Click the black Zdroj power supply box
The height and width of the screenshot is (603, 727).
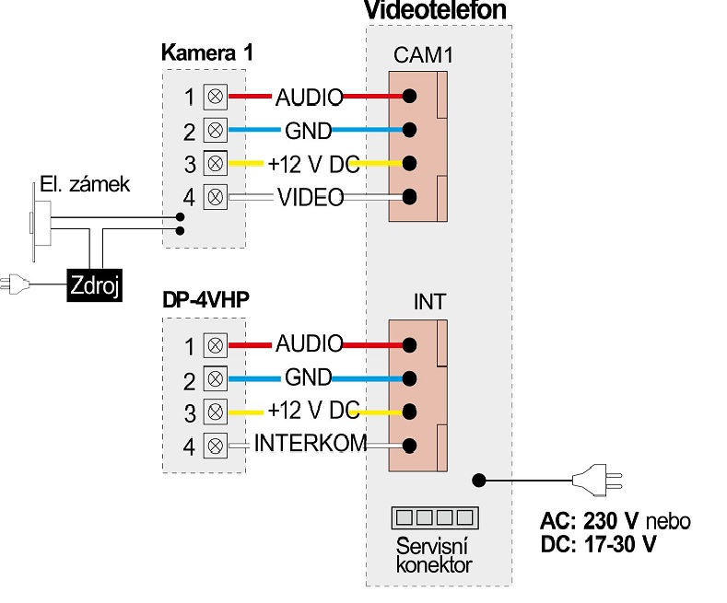coord(95,284)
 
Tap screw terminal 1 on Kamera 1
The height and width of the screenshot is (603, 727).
coord(215,97)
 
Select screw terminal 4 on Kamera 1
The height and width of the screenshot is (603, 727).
coord(215,197)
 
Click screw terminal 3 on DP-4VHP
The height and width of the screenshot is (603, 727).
coord(215,412)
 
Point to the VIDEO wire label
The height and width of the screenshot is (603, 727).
coord(311,197)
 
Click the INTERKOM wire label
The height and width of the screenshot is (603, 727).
coord(311,443)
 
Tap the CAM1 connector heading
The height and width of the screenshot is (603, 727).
coord(423,55)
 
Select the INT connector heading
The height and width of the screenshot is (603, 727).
coord(429,302)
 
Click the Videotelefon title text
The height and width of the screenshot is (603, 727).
coord(435,10)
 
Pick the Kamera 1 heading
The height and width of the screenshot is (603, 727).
coord(207,52)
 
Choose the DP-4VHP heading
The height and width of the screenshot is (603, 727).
coord(205,299)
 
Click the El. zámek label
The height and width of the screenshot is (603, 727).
coord(85,184)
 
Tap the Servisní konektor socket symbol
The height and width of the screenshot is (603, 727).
coord(435,517)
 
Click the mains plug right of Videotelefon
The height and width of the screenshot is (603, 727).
coord(597,481)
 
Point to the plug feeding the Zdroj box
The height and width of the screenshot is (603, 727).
coord(15,284)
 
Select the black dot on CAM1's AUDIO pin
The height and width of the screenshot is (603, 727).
coord(409,97)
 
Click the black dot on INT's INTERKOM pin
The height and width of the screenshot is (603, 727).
coord(409,446)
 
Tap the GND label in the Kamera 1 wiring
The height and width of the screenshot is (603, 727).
coord(309,131)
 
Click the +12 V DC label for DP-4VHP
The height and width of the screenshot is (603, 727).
coord(314,411)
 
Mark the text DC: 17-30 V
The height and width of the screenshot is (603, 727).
coord(598,544)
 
